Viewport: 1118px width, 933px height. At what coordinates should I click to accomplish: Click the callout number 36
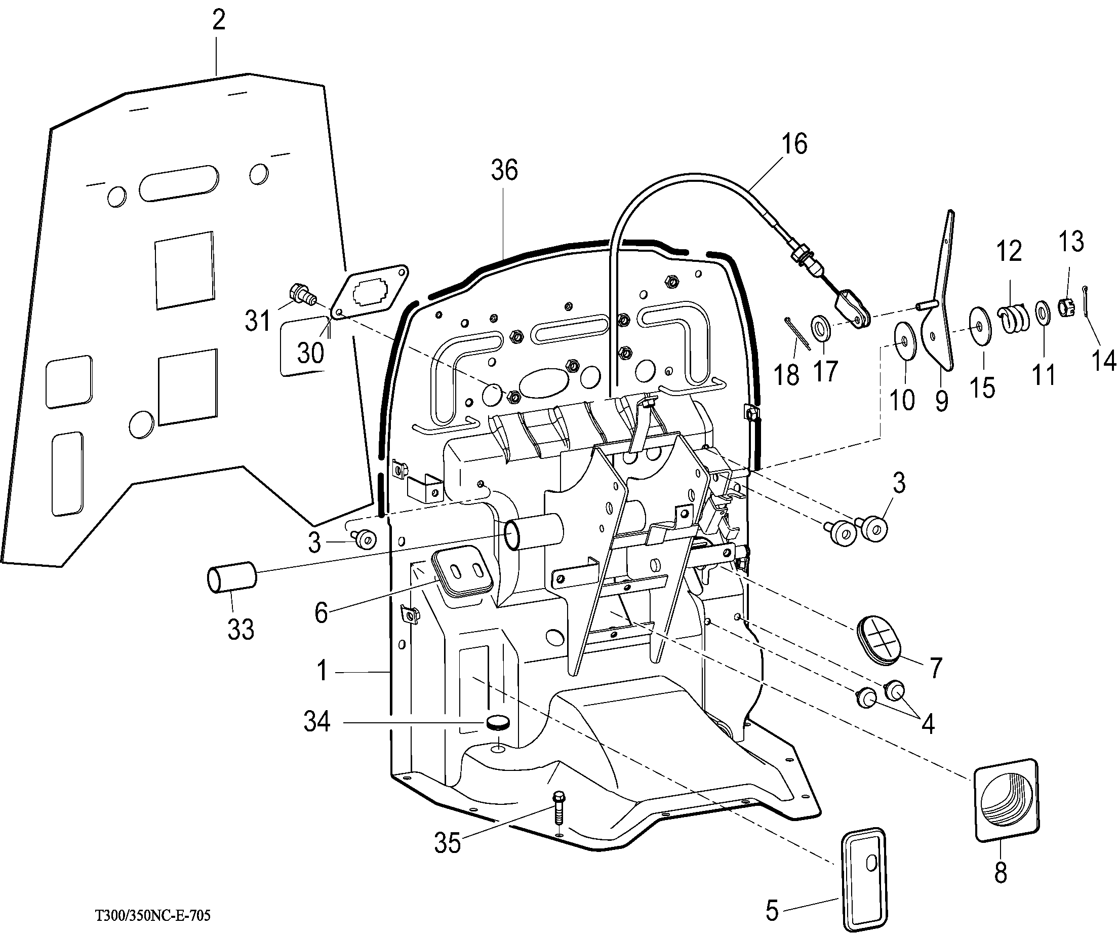point(504,170)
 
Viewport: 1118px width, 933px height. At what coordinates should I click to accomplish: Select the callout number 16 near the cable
point(794,144)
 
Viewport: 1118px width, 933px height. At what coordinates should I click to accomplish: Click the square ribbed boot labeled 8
point(1006,799)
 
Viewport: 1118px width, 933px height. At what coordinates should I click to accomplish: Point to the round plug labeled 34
point(498,723)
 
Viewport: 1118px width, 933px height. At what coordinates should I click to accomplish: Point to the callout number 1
point(322,671)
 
